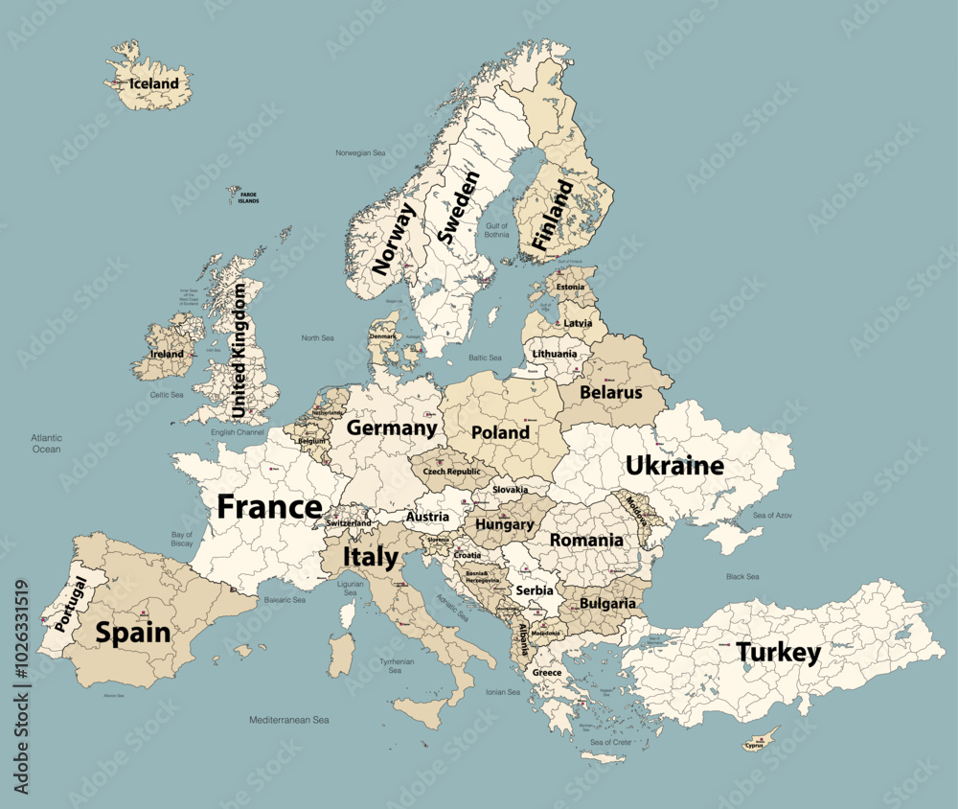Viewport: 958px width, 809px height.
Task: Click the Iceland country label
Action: (154, 83)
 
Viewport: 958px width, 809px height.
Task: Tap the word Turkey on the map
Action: (778, 654)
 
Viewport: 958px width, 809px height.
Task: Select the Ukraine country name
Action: (674, 466)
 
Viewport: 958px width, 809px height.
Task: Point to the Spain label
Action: (132, 633)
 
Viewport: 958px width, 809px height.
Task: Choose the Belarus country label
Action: (611, 392)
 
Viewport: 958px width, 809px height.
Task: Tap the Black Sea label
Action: (742, 576)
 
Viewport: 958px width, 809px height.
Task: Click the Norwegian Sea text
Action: (359, 152)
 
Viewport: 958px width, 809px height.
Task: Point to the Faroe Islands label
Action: (249, 198)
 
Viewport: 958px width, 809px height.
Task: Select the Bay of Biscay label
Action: (182, 539)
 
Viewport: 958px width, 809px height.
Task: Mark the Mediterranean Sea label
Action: (289, 719)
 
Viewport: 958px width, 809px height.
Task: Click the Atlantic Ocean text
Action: (46, 443)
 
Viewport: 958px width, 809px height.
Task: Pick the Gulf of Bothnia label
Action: (496, 230)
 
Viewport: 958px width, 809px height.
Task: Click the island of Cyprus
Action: (762, 742)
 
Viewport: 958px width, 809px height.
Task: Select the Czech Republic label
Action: (452, 472)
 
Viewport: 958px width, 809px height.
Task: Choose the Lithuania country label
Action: (555, 354)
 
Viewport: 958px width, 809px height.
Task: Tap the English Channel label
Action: (237, 432)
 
